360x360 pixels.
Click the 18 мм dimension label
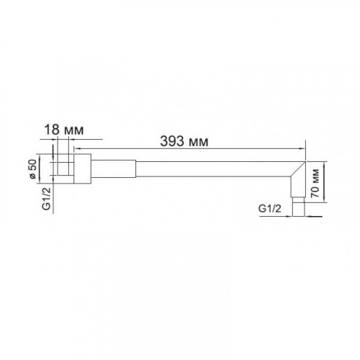[64, 130]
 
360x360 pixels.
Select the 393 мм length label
[184, 141]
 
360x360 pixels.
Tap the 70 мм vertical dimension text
[315, 183]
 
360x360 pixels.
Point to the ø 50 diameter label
[32, 169]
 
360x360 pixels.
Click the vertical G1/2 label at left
[46, 199]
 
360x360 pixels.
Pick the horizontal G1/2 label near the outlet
[269, 209]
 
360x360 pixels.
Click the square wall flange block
[82, 168]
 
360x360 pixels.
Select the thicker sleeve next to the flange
[114, 168]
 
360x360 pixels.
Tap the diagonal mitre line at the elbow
[298, 169]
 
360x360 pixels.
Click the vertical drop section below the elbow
[298, 187]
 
